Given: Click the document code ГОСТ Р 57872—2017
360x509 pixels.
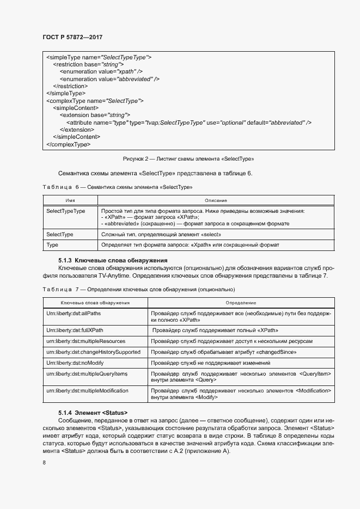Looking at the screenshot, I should (x=72, y=37).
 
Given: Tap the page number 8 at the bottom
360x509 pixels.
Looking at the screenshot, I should (x=44, y=462).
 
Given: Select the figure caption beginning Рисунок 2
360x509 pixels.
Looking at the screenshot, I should (x=189, y=159).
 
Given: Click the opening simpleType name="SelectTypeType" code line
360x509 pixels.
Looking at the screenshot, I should (x=99, y=57).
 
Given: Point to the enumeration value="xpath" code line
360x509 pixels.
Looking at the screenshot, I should (x=101, y=71).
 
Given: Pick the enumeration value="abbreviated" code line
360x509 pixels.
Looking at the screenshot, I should (x=109, y=79).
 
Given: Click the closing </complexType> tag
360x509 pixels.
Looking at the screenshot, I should (x=69, y=144).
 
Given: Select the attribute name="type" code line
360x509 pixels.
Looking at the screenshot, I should (x=188, y=122).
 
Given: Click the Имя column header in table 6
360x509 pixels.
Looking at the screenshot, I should (x=70, y=201).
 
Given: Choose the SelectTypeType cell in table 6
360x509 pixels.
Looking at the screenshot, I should (x=66, y=211).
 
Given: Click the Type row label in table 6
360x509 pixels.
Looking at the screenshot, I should (x=52, y=245).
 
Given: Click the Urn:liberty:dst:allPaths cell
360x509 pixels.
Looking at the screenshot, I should (x=74, y=314).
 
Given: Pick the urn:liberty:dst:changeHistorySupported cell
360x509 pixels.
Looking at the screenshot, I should (x=93, y=352).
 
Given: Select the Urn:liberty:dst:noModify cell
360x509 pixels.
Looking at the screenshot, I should (x=75, y=363).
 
